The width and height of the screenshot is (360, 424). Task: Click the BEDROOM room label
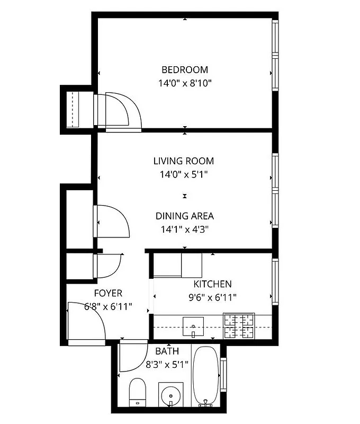pyautogui.click(x=184, y=69)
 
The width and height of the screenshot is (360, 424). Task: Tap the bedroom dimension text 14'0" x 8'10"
pyautogui.click(x=184, y=83)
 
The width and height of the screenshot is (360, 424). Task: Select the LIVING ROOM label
pyautogui.click(x=184, y=161)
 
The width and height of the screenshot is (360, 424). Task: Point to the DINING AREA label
pyautogui.click(x=184, y=216)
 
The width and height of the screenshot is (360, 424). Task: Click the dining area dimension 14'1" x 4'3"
pyautogui.click(x=184, y=229)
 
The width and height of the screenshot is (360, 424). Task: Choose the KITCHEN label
pyautogui.click(x=212, y=284)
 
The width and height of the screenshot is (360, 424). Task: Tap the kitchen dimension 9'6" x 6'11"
pyautogui.click(x=212, y=297)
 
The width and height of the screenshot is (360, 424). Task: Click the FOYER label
pyautogui.click(x=108, y=293)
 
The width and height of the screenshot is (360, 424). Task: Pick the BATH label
pyautogui.click(x=167, y=351)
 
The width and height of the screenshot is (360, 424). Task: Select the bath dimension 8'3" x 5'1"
pyautogui.click(x=167, y=364)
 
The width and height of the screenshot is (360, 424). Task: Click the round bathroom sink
pyautogui.click(x=170, y=395)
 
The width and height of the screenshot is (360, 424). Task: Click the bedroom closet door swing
pyautogui.click(x=123, y=110)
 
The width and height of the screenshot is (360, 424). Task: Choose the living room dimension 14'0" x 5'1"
pyautogui.click(x=184, y=174)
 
